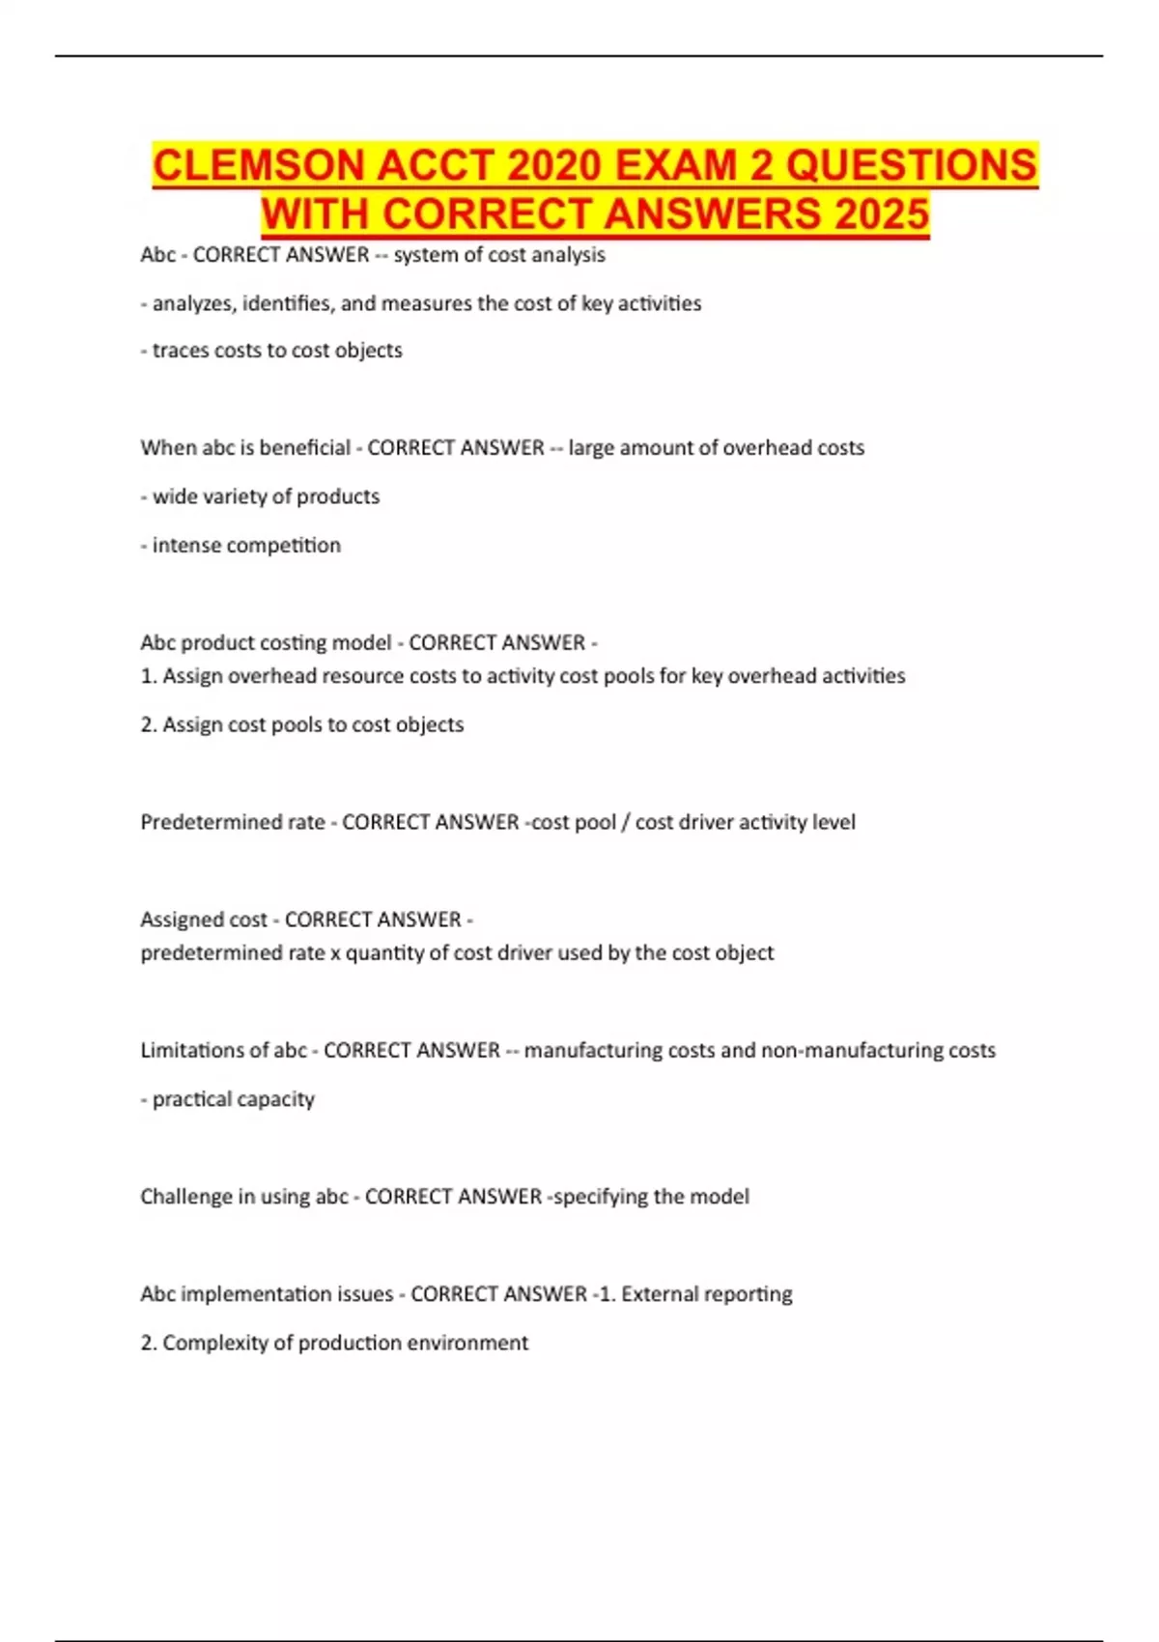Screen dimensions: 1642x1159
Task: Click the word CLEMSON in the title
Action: (x=258, y=165)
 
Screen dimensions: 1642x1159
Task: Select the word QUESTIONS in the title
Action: (x=911, y=165)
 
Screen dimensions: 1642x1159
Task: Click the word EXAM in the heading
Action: (x=679, y=165)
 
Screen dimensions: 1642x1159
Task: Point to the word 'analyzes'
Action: (x=193, y=303)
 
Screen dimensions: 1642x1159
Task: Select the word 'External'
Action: (x=660, y=1294)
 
